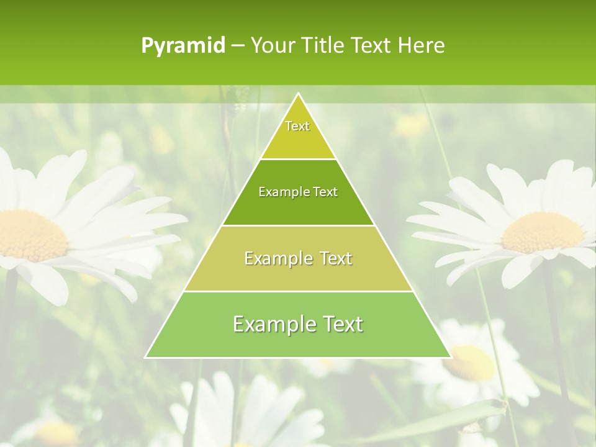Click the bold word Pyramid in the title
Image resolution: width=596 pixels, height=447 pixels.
183,46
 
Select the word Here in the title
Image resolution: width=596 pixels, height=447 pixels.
421,45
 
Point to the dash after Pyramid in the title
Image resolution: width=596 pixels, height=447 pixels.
237,46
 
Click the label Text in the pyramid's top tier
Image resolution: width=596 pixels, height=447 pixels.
297,126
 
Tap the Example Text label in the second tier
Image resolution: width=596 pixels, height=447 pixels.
298,192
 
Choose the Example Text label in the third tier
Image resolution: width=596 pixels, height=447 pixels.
298,258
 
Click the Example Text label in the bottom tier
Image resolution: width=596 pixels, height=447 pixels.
298,324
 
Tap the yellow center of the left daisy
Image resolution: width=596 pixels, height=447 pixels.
31,235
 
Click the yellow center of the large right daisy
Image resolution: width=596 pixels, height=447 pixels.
543,232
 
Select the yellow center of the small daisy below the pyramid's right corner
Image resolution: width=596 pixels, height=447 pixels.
470,363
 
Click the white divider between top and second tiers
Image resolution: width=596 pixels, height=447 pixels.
298,159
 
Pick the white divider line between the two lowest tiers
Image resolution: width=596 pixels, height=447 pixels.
298,291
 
